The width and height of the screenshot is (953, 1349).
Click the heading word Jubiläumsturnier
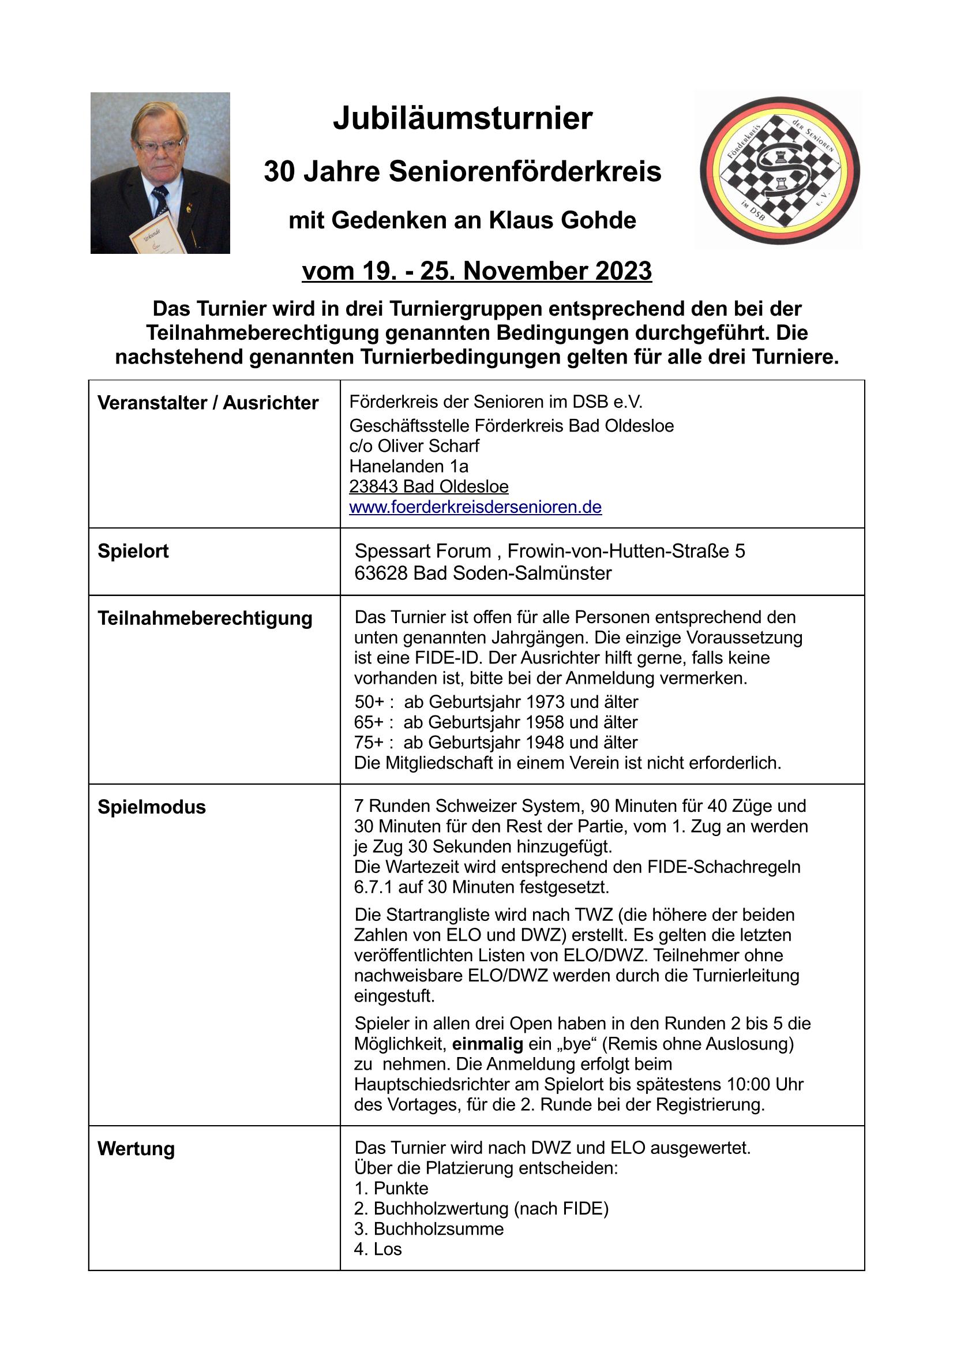click(463, 119)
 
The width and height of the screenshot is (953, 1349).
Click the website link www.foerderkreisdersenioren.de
click(475, 507)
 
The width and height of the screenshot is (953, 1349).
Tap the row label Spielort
click(133, 551)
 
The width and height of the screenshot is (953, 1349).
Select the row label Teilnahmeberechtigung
click(204, 618)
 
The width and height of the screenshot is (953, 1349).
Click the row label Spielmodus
click(152, 807)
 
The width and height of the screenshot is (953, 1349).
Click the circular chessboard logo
click(779, 170)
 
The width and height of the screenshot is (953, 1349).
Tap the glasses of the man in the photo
click(159, 144)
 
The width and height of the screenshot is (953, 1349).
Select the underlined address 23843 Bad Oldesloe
click(428, 486)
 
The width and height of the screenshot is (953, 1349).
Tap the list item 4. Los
click(377, 1249)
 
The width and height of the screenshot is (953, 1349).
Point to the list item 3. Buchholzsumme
click(429, 1228)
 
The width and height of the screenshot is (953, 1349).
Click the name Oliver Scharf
click(427, 446)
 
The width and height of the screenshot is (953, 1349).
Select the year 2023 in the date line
click(624, 271)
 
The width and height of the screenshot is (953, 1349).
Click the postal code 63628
click(381, 573)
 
